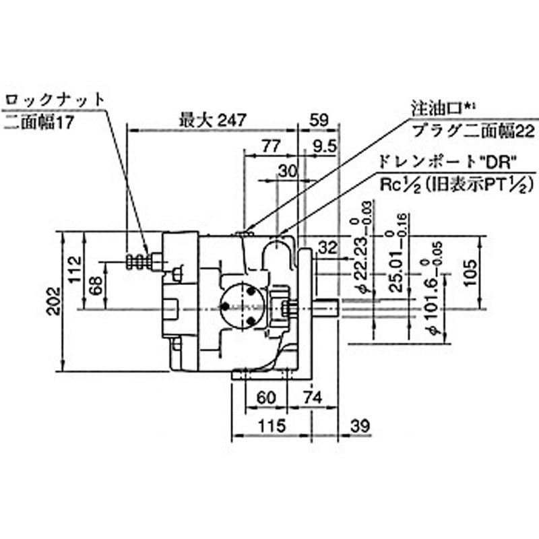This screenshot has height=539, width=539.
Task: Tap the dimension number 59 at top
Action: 318,120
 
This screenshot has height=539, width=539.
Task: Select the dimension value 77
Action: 269,146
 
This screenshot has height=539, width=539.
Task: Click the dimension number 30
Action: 287,170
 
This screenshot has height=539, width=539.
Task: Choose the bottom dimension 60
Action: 267,398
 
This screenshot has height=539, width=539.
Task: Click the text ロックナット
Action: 55,98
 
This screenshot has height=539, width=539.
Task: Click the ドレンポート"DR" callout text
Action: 447,162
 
